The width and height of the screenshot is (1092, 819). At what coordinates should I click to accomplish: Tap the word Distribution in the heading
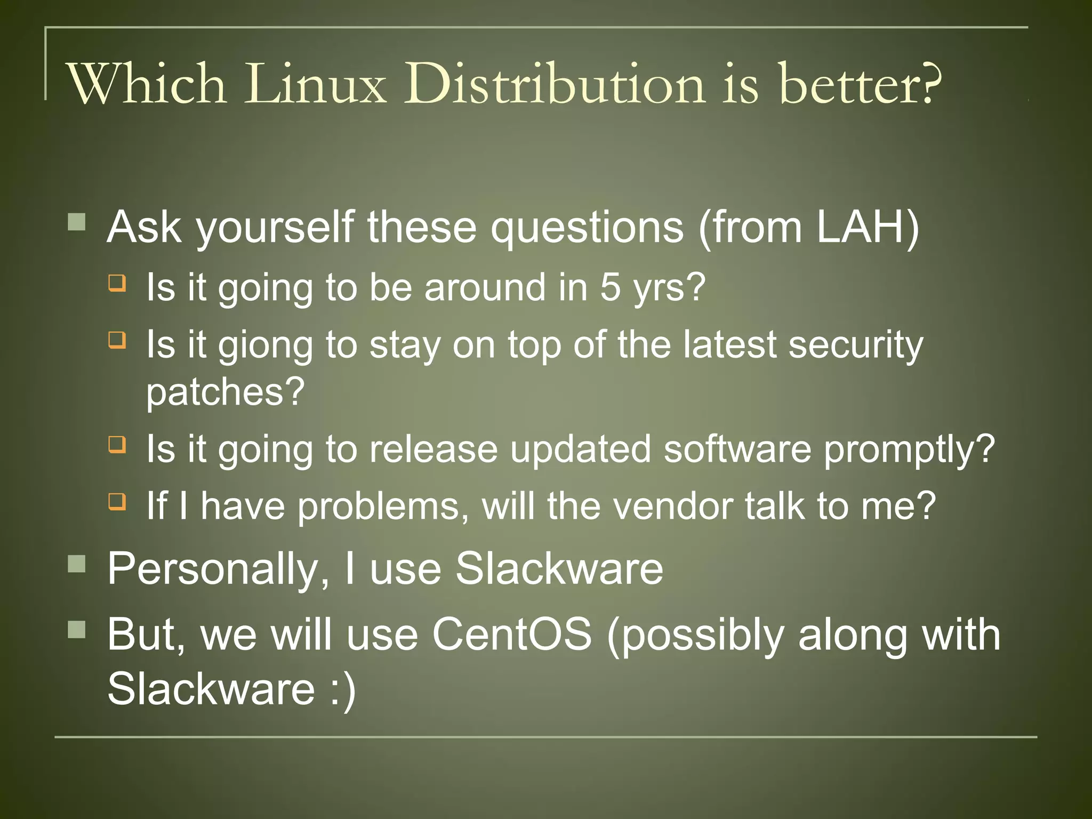[x=555, y=84]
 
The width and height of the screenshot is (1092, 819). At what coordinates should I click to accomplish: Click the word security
[x=856, y=346]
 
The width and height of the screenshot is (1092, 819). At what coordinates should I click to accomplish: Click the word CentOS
[x=512, y=635]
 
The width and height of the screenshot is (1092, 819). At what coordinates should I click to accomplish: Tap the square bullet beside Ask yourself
[x=77, y=222]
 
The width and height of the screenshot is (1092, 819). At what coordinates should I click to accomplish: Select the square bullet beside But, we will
[x=77, y=630]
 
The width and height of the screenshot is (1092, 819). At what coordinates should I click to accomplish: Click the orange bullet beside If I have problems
[x=117, y=501]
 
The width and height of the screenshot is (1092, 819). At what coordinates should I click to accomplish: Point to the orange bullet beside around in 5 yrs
[x=117, y=282]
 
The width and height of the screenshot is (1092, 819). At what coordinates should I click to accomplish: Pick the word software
[x=737, y=449]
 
